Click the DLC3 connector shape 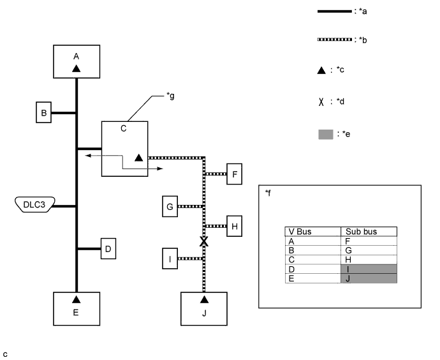(x=35, y=204)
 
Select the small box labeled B (x=44, y=112)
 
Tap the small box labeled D (x=108, y=248)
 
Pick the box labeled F (x=234, y=174)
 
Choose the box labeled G (x=170, y=206)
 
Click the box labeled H (x=234, y=226)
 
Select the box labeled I (x=170, y=259)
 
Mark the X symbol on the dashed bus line (x=204, y=241)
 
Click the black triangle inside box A (x=77, y=68)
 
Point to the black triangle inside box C (x=138, y=158)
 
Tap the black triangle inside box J (x=204, y=299)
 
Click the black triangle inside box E (x=77, y=299)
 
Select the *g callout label (x=170, y=96)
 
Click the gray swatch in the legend (x=326, y=134)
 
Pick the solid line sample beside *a (x=335, y=11)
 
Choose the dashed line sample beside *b (x=335, y=40)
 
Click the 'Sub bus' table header (x=361, y=232)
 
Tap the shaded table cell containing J (x=369, y=278)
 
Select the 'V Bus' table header (x=300, y=232)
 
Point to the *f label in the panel (x=268, y=193)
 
